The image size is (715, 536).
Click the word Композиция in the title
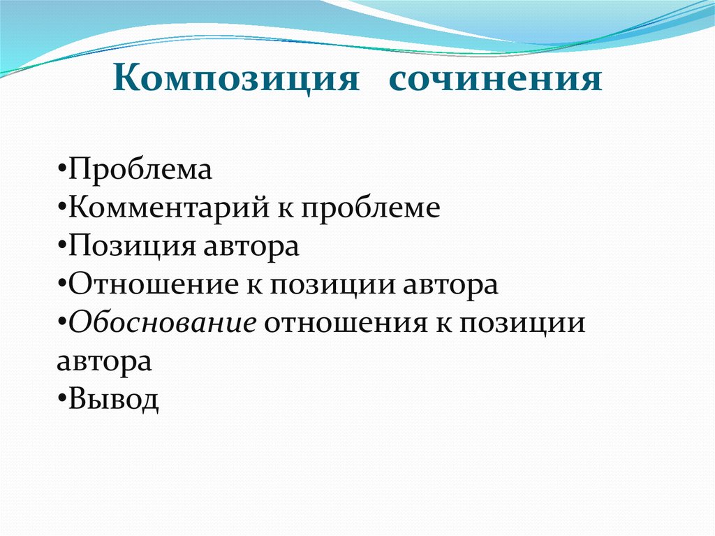click(x=236, y=78)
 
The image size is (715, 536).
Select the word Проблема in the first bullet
click(x=140, y=170)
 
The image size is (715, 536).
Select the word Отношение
click(x=153, y=285)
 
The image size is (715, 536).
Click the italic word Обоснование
click(x=162, y=324)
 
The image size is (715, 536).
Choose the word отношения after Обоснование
click(x=346, y=324)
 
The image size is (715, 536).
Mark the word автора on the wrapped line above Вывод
click(x=105, y=363)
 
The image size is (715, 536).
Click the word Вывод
click(x=114, y=399)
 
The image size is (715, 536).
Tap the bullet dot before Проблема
click(x=61, y=170)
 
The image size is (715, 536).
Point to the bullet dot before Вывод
click(x=61, y=398)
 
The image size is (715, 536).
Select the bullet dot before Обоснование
click(x=61, y=323)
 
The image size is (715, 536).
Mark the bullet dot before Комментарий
click(x=61, y=209)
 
